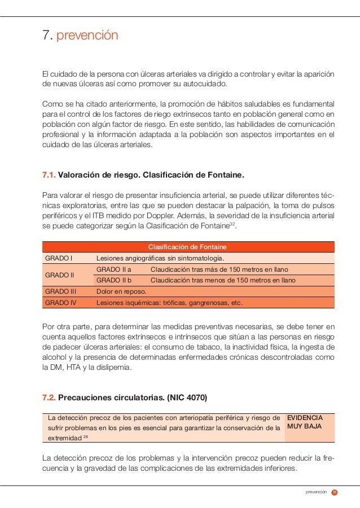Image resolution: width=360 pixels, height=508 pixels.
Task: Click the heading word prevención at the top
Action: [86, 36]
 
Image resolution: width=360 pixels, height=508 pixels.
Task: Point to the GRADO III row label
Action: [60, 291]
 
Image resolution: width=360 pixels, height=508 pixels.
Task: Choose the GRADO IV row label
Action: [60, 303]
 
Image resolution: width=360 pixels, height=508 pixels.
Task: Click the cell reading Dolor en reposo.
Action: [121, 291]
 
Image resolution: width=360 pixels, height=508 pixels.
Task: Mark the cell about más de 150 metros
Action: [223, 269]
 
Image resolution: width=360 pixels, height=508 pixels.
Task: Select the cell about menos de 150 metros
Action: [223, 280]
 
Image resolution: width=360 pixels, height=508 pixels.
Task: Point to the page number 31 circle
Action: [334, 492]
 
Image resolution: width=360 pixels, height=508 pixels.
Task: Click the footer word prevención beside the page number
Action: [316, 492]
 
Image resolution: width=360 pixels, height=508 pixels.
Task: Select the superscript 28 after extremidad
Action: [86, 437]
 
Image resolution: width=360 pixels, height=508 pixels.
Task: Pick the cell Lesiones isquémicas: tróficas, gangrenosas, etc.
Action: [170, 303]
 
